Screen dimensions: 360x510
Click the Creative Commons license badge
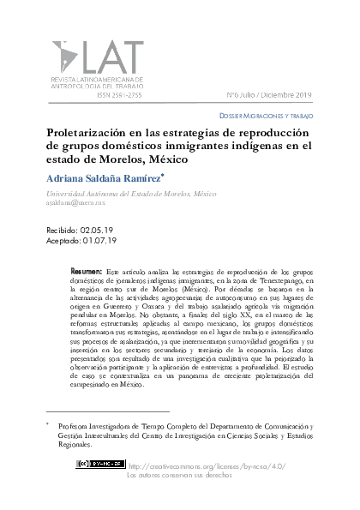pyautogui.click(x=99, y=464)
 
